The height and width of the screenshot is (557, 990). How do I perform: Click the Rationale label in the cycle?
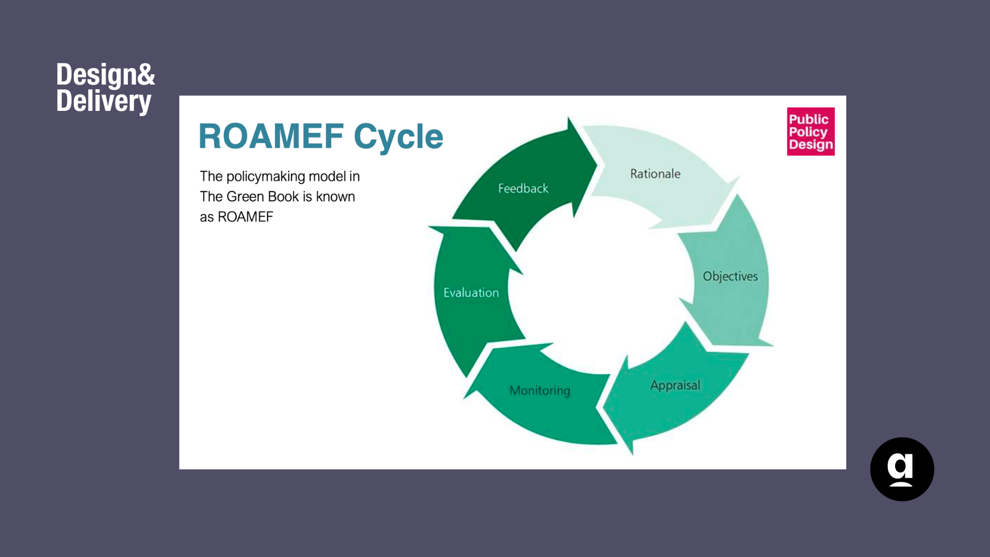(x=655, y=174)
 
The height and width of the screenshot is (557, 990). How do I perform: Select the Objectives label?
(x=730, y=276)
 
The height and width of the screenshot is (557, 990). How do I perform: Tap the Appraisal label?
(x=675, y=385)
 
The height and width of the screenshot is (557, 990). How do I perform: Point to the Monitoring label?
(x=540, y=390)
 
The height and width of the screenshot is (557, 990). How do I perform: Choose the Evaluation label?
(x=471, y=292)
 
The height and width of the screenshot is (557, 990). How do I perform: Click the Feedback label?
(x=523, y=188)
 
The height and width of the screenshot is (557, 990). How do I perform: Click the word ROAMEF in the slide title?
(x=271, y=136)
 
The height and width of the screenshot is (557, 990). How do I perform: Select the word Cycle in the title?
(x=398, y=137)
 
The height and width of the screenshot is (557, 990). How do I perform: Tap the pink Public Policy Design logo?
(x=811, y=132)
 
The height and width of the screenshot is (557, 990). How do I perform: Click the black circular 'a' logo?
(x=902, y=469)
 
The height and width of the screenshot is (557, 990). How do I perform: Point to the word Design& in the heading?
(x=105, y=74)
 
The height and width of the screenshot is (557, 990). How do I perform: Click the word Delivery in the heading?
(x=104, y=101)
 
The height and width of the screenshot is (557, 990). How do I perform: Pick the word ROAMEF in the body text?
(x=245, y=217)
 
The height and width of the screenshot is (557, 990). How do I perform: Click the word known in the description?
(x=335, y=196)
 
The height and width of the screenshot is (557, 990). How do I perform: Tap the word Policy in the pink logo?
(x=808, y=132)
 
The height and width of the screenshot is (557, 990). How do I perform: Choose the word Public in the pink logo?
(x=808, y=119)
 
